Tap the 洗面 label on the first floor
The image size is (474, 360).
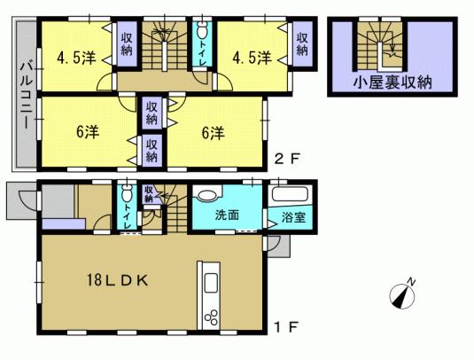pos(227,214)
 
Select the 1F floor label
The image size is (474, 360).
pos(288,326)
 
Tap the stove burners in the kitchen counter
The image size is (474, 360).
pos(212,317)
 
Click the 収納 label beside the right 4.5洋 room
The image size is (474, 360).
pos(303,44)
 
